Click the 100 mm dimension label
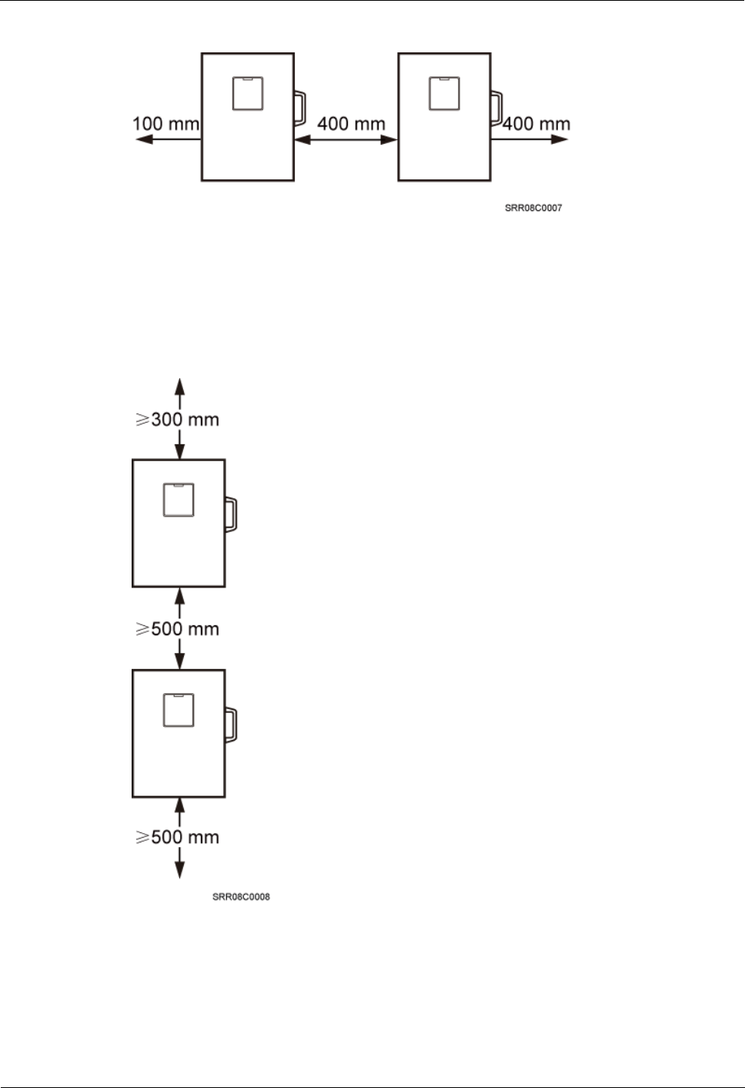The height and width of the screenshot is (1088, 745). (x=166, y=123)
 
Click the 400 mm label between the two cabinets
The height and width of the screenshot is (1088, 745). (x=351, y=123)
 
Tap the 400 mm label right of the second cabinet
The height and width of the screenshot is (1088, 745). (x=536, y=123)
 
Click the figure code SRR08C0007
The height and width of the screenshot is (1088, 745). (x=533, y=208)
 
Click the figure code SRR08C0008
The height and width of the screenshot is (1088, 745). (x=241, y=897)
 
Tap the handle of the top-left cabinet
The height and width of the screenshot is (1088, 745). (x=299, y=108)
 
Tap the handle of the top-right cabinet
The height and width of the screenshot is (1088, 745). (x=496, y=108)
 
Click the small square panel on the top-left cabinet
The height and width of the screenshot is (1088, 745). (x=248, y=93)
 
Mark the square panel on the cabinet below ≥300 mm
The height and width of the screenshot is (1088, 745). (x=179, y=500)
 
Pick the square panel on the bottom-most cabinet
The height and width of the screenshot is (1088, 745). (x=179, y=710)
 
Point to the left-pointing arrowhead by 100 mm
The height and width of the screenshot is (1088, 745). (x=141, y=139)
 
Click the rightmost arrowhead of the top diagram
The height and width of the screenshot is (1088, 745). (x=562, y=139)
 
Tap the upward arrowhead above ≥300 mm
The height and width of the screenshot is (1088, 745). (x=179, y=383)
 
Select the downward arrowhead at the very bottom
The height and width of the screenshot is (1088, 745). (x=179, y=872)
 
